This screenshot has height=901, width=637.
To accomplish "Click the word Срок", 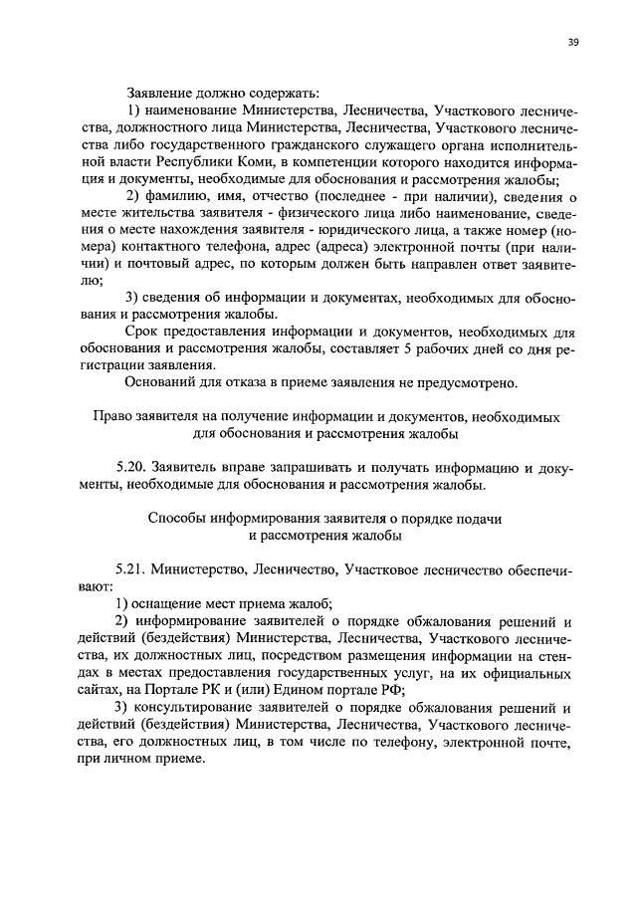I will tap(144, 331).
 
